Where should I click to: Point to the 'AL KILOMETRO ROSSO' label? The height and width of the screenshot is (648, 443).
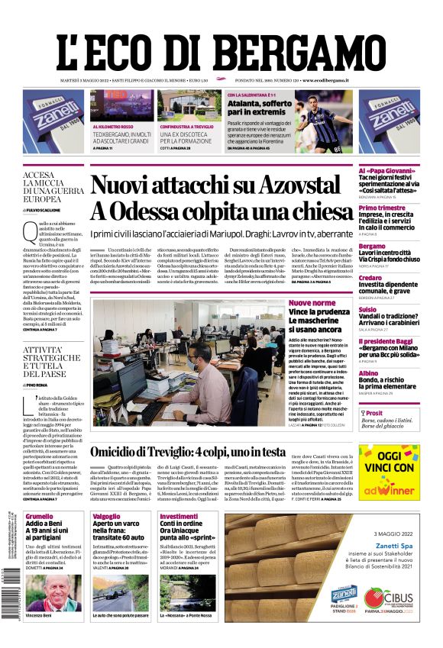(x=112, y=127)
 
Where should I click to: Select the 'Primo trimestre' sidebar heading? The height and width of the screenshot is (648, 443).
(x=381, y=208)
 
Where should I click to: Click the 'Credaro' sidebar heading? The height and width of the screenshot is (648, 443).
(x=370, y=278)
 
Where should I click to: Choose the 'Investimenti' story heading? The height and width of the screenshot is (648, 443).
(x=179, y=517)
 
